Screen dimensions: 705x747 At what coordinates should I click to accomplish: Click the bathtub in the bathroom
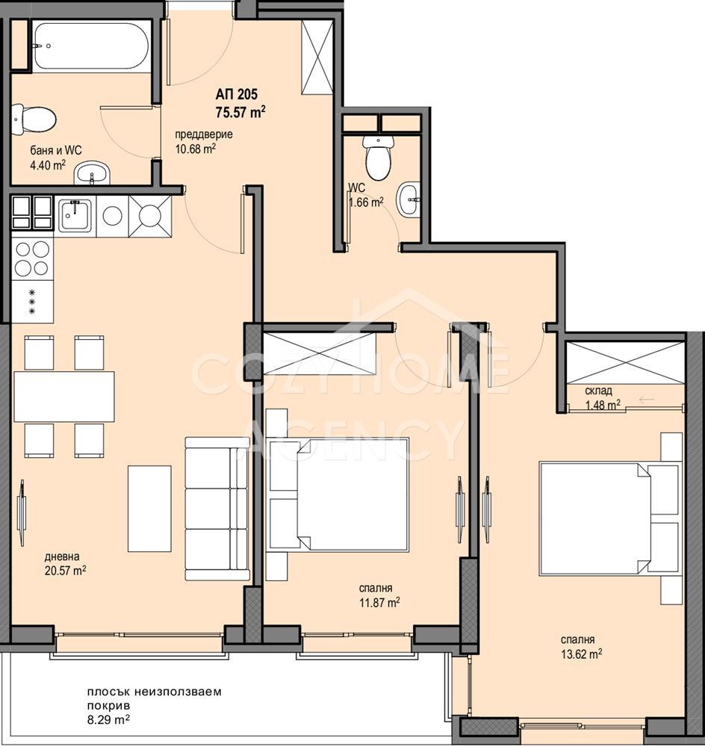tap(91, 46)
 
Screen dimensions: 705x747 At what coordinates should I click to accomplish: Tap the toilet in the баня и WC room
tap(34, 119)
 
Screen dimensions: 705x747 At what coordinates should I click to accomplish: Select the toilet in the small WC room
tap(378, 158)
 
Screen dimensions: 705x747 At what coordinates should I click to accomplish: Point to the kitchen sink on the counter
tap(75, 215)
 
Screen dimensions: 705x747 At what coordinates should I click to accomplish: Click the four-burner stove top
tap(32, 258)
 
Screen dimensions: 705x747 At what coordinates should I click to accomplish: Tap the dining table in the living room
tap(64, 397)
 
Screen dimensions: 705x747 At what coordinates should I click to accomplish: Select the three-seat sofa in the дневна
tap(217, 509)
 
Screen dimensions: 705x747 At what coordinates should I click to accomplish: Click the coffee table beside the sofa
tap(149, 508)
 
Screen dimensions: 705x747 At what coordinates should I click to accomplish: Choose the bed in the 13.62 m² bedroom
tap(609, 518)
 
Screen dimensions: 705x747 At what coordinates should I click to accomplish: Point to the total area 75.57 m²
tap(240, 113)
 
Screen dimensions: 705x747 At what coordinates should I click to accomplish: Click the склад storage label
tap(598, 391)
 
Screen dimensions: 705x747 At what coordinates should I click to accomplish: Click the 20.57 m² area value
tap(65, 571)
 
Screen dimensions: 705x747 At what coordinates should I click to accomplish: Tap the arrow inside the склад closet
tap(646, 399)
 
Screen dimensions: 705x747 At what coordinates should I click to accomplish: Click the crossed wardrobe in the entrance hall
tap(317, 58)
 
